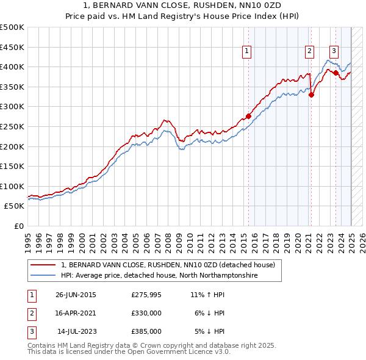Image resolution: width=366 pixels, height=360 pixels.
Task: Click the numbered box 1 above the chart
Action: click(x=247, y=52)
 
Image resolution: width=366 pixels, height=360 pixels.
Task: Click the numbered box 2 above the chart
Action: click(x=310, y=52)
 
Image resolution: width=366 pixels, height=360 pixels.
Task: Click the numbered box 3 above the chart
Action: click(x=334, y=52)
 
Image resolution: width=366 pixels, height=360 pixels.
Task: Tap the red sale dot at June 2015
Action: click(x=248, y=116)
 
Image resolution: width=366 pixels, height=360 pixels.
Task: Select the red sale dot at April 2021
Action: click(x=311, y=95)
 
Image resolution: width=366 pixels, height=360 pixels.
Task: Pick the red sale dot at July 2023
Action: click(x=335, y=73)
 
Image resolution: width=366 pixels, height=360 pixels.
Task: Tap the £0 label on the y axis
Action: click(x=18, y=226)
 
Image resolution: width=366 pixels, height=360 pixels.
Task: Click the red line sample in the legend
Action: click(x=43, y=265)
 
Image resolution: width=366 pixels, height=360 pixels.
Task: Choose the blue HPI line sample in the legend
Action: click(x=43, y=276)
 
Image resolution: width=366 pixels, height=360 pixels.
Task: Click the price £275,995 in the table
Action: click(x=146, y=294)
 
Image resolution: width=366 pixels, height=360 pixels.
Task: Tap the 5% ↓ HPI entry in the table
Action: click(x=210, y=331)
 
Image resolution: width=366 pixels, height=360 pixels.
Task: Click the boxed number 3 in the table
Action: click(x=30, y=331)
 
